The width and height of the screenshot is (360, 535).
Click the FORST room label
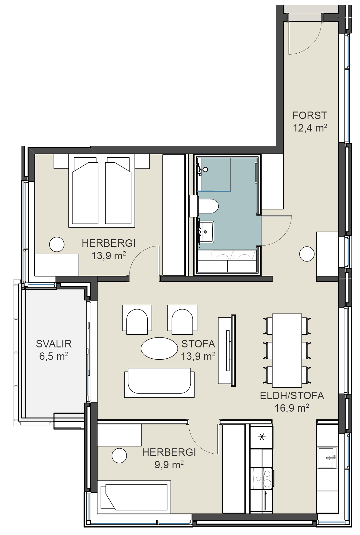pyautogui.click(x=310, y=115)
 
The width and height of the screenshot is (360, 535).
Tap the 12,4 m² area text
pyautogui.click(x=310, y=128)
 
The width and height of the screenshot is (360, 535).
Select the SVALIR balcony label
pyautogui.click(x=54, y=344)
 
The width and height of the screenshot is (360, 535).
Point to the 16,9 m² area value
pyautogui.click(x=292, y=408)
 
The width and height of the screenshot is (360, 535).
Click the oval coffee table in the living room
pyautogui.click(x=159, y=349)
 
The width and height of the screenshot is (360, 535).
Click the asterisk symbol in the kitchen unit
pyautogui.click(x=262, y=437)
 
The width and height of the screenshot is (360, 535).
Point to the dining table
pyautogui.click(x=287, y=350)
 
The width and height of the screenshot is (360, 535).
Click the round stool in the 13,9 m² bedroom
pyautogui.click(x=57, y=244)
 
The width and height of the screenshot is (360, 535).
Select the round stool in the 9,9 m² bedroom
pyautogui.click(x=119, y=456)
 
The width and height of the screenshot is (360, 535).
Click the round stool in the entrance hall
pyautogui.click(x=307, y=254)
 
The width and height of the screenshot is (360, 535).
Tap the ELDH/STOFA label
pyautogui.click(x=292, y=396)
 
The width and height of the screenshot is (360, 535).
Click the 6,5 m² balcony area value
pyautogui.click(x=54, y=356)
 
